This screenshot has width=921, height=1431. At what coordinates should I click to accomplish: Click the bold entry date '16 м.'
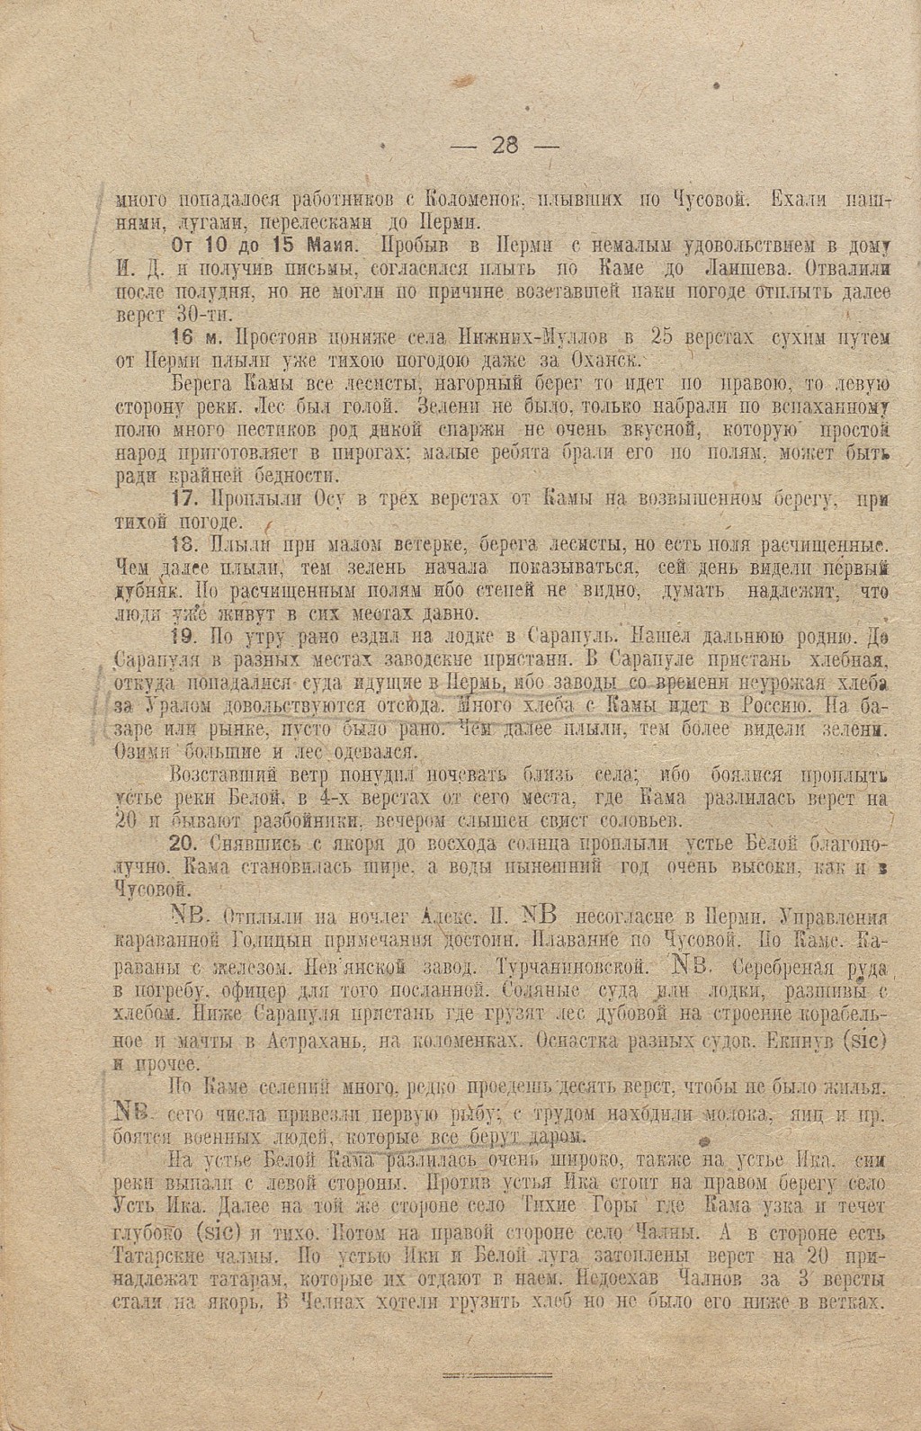(x=197, y=338)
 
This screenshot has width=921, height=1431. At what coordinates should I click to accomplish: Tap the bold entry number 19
(x=183, y=638)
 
